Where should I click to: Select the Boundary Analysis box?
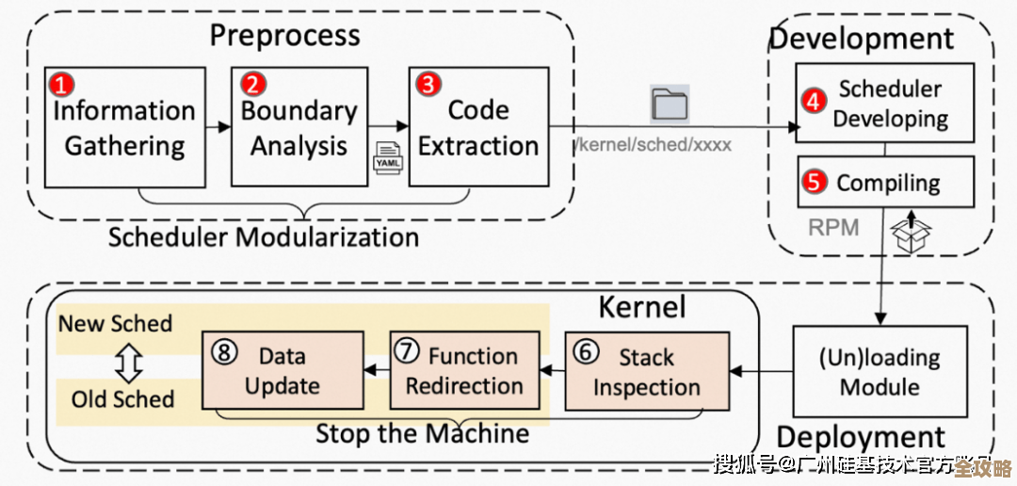coord(299,127)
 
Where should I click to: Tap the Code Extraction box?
coord(479,127)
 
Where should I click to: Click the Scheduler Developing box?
coord(885,104)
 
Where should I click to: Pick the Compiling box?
coord(885,182)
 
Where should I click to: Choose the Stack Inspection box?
coord(647,371)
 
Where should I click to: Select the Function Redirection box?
coord(465,370)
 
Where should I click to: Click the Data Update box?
coord(283,370)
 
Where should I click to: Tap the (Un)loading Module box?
coord(880,371)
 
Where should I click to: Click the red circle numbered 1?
coord(61,85)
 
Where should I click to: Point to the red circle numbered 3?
coord(428,84)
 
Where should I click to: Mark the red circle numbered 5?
coord(814,181)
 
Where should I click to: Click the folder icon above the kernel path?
coord(670,104)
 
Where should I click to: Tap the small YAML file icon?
coord(388,157)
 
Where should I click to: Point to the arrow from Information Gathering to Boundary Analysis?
coord(218,126)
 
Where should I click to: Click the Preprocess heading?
coord(284,36)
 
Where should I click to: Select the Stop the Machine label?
coord(422,434)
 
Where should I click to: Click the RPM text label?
coord(833,227)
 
